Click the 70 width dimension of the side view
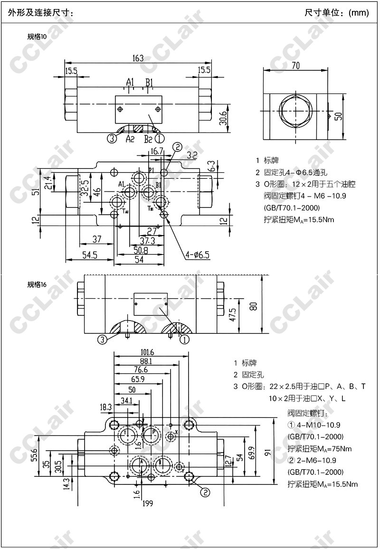click(295, 66)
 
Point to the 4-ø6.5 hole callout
click(198, 256)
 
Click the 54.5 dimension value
click(89, 255)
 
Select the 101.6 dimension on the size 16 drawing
click(150, 352)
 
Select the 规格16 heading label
click(37, 285)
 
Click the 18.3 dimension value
click(106, 407)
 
